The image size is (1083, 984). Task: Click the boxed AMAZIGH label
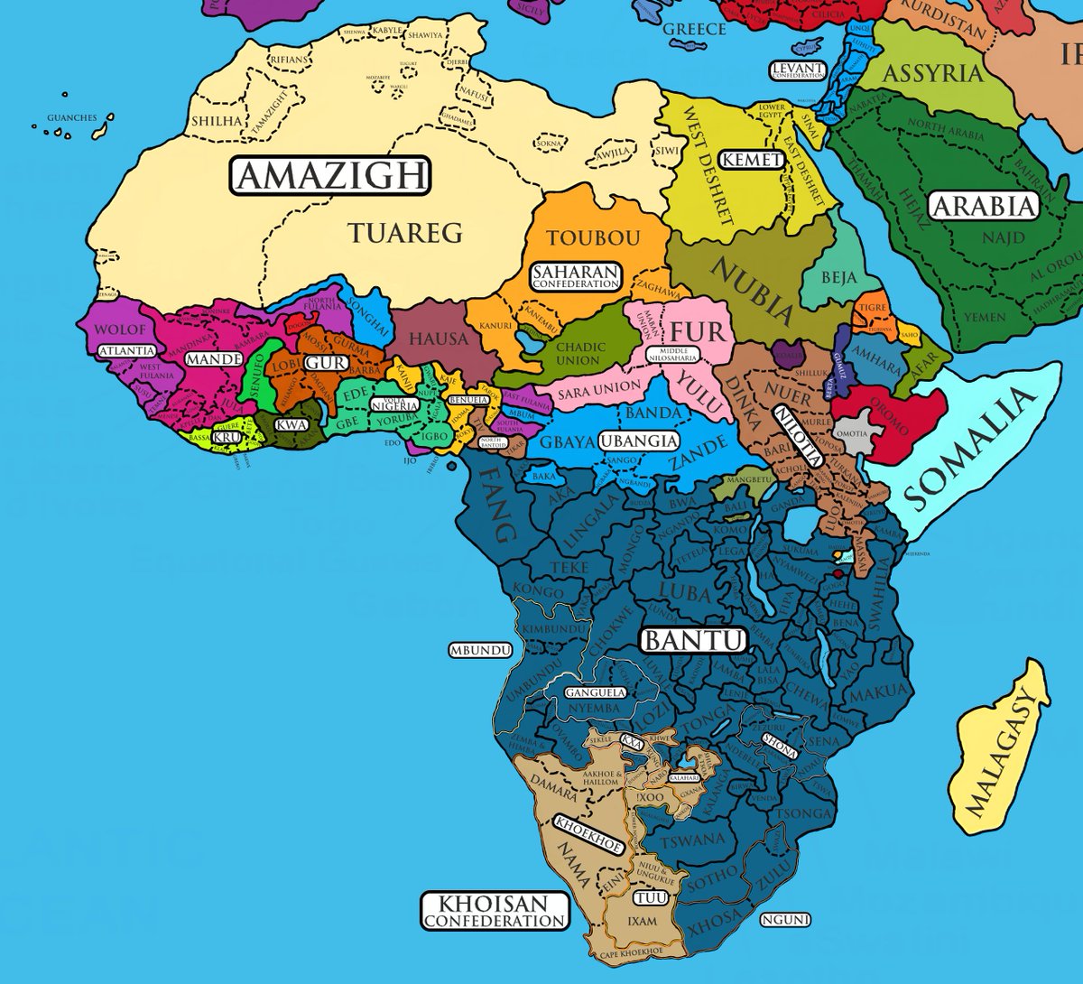[330, 175]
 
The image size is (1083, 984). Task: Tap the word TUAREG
[405, 233]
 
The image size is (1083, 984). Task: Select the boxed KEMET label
[753, 159]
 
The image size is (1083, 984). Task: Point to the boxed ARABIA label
[984, 206]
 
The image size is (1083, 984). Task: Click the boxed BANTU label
[693, 641]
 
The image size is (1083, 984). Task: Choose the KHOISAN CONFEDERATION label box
[495, 911]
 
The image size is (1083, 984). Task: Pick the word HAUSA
[439, 339]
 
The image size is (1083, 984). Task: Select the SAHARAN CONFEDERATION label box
[576, 276]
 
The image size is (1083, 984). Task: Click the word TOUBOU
[593, 238]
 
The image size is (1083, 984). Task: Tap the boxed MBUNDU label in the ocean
[480, 650]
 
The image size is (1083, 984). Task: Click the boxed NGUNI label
[785, 920]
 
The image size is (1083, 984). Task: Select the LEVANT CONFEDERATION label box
[798, 70]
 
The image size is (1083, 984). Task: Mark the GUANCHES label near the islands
[71, 117]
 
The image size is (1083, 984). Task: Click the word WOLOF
[119, 330]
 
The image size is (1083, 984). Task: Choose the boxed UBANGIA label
[639, 441]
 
